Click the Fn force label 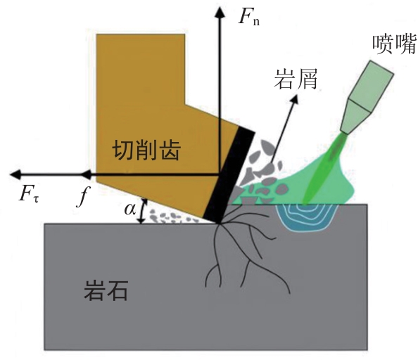tap(248, 17)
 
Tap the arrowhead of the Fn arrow tap(220, 12)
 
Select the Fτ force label tap(29, 194)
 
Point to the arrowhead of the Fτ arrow tap(15, 174)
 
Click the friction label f tap(83, 196)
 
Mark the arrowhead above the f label tap(86, 174)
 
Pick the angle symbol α tap(130, 210)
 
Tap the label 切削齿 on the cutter tap(146, 150)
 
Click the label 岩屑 tap(296, 79)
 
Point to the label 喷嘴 tap(394, 44)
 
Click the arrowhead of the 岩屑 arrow tap(294, 100)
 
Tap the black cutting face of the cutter tap(229, 175)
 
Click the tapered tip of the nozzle tap(356, 117)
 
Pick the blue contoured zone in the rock tap(307, 217)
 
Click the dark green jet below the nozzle tap(324, 168)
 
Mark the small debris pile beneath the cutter tap(172, 217)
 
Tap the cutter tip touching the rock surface tap(219, 224)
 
